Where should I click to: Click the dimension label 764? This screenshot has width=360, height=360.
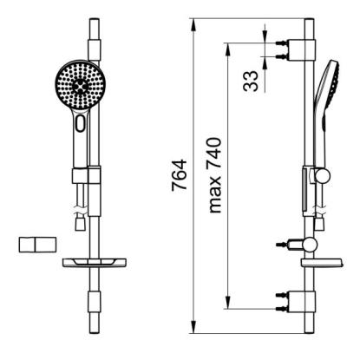(180, 175)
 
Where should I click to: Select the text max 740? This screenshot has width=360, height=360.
(215, 175)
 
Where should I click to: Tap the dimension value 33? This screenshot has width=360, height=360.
(251, 82)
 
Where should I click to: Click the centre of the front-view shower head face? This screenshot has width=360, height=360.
(80, 86)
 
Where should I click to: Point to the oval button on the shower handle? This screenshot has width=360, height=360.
(81, 122)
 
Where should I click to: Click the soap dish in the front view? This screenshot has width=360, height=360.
(95, 263)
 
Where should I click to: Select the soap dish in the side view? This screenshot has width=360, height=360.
(322, 262)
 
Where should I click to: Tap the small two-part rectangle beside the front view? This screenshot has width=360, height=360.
(37, 245)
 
